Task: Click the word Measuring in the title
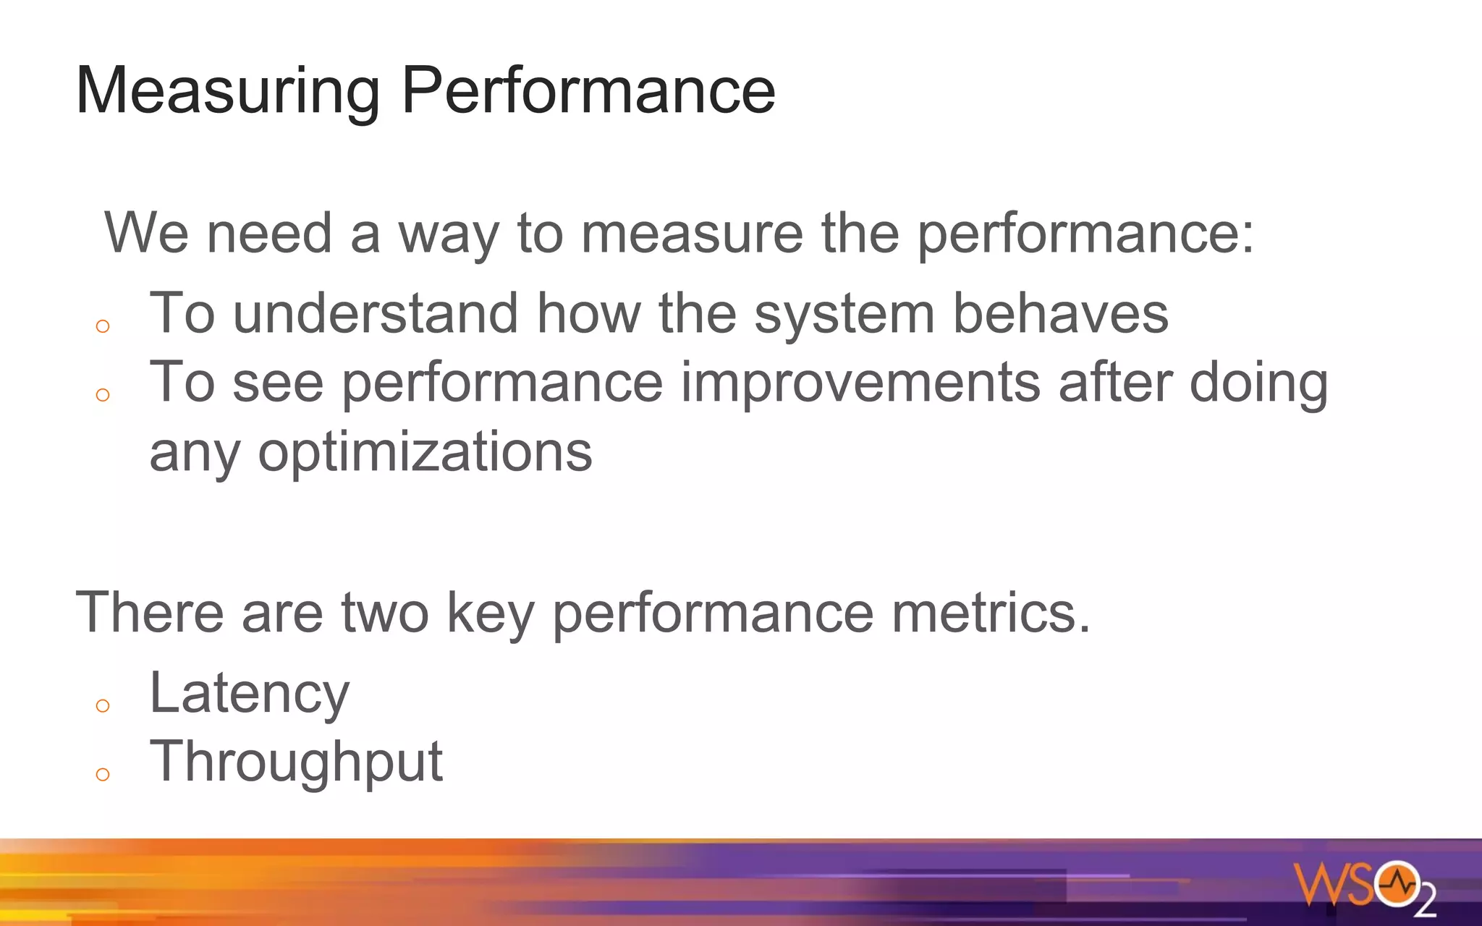(x=227, y=92)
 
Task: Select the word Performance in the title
(x=588, y=90)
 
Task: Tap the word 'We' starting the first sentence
(x=147, y=233)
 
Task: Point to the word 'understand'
(x=376, y=313)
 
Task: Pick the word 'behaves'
(x=1060, y=313)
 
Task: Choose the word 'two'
(x=385, y=613)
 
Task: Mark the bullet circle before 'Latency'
(x=103, y=705)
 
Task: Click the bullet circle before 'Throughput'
(x=103, y=775)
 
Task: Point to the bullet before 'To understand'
(x=103, y=326)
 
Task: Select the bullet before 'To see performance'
(x=103, y=395)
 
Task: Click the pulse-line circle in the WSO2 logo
(x=1397, y=883)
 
